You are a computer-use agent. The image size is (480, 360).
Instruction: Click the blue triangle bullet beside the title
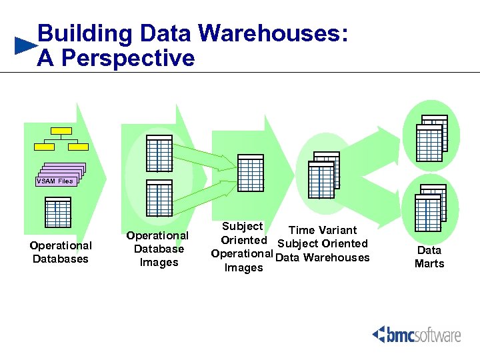25,46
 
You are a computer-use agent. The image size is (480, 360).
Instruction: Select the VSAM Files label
55,181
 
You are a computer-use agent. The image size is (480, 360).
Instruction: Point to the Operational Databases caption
61,252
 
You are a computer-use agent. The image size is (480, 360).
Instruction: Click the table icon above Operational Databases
57,214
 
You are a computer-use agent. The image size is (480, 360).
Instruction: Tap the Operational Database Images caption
157,249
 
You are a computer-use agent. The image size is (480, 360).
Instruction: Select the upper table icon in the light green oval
159,154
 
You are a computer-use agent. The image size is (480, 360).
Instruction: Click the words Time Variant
323,230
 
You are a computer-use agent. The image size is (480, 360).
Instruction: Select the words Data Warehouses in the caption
322,258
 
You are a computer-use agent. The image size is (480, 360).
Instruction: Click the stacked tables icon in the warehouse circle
323,176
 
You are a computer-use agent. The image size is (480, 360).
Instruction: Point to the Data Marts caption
429,257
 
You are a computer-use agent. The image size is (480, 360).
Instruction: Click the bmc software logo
417,334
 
